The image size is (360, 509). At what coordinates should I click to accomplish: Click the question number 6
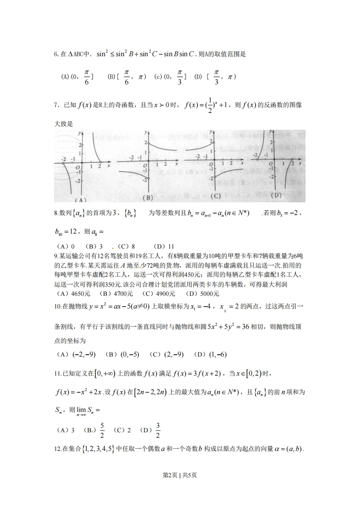tap(56, 54)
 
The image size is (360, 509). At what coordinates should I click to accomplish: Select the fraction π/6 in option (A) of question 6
tap(87, 77)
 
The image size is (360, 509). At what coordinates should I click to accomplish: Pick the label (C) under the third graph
tap(216, 196)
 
